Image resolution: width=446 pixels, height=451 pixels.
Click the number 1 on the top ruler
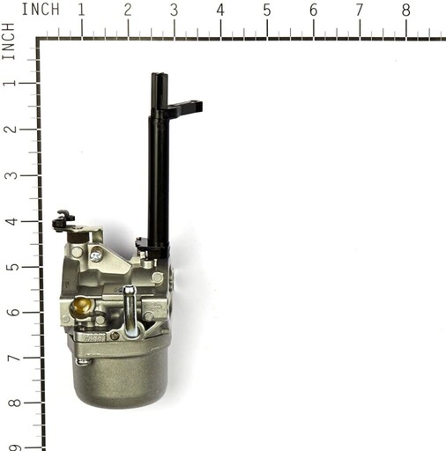81,10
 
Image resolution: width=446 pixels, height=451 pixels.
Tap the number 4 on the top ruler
220,10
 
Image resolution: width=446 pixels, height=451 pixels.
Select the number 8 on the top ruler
405,11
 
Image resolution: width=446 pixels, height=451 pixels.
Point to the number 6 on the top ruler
313,11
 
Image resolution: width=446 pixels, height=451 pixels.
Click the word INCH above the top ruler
41,9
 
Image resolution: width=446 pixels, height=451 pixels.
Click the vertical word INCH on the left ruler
8,41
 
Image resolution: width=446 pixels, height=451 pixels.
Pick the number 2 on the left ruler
11,129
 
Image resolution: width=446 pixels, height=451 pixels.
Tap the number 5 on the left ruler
11,267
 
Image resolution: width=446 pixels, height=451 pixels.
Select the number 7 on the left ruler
13,359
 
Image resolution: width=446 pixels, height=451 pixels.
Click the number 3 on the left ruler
11,175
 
